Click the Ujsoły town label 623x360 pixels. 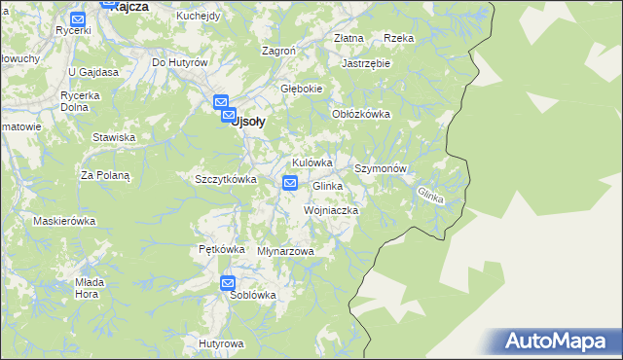pos(246,122)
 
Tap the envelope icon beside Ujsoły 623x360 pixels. pos(221,101)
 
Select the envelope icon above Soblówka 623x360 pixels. pos(228,283)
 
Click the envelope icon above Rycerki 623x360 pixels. pos(78,18)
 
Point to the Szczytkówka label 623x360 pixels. pos(225,179)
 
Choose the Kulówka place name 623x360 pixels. pos(311,162)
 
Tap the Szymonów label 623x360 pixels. pos(385,168)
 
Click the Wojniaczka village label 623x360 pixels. pos(332,210)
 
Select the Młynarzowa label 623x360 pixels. pos(285,251)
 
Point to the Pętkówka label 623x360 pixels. pos(221,248)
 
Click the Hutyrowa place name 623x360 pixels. pos(219,343)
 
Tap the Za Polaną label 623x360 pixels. pos(105,175)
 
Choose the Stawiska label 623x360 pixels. pos(113,137)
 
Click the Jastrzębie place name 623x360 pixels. pos(366,63)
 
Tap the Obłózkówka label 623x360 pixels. pos(361,114)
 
